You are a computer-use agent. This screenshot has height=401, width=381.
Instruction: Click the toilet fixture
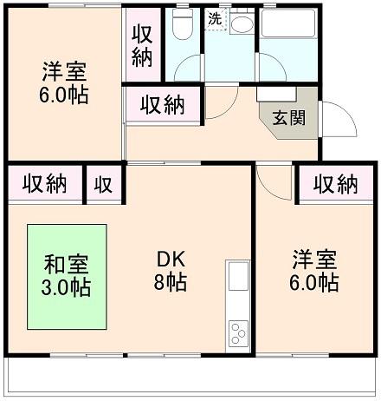tap(181, 27)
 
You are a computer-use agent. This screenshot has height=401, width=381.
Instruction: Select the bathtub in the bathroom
tap(289, 27)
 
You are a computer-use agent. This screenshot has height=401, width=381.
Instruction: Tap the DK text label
tap(169, 260)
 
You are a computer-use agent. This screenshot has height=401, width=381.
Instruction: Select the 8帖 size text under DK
tap(169, 282)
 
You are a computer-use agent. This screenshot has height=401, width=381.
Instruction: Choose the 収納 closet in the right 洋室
tap(335, 184)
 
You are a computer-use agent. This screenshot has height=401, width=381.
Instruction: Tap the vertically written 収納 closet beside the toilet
tap(143, 45)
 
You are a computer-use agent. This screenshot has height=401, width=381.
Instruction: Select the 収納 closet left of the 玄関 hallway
tap(163, 106)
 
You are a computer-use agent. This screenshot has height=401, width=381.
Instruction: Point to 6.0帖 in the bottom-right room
tap(314, 282)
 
